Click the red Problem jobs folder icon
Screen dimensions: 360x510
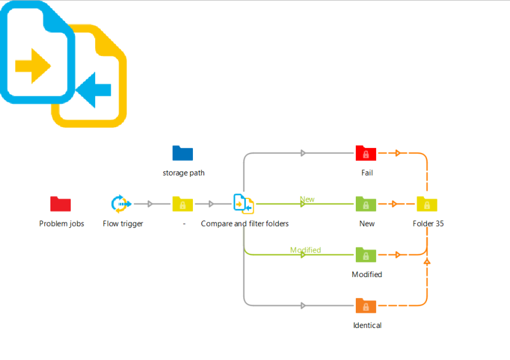tap(60, 204)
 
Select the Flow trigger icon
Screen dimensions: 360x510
tap(121, 203)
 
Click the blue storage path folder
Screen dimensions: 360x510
tap(182, 153)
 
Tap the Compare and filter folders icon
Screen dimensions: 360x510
tap(243, 203)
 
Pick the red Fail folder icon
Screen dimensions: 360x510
tap(366, 153)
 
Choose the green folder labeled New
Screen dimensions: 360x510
tap(366, 204)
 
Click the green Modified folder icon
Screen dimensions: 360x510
tap(366, 255)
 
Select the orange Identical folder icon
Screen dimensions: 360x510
tap(366, 305)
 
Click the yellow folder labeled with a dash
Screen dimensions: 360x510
tap(182, 204)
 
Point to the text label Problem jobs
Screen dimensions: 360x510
tap(61, 224)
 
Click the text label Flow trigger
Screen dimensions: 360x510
tap(123, 224)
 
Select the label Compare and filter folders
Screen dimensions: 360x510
tap(245, 224)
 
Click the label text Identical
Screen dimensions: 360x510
tap(367, 325)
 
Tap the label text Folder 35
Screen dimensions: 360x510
tap(428, 224)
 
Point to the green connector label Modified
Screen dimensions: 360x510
tap(305, 250)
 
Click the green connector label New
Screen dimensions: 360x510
tap(307, 199)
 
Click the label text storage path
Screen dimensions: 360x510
tap(184, 173)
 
